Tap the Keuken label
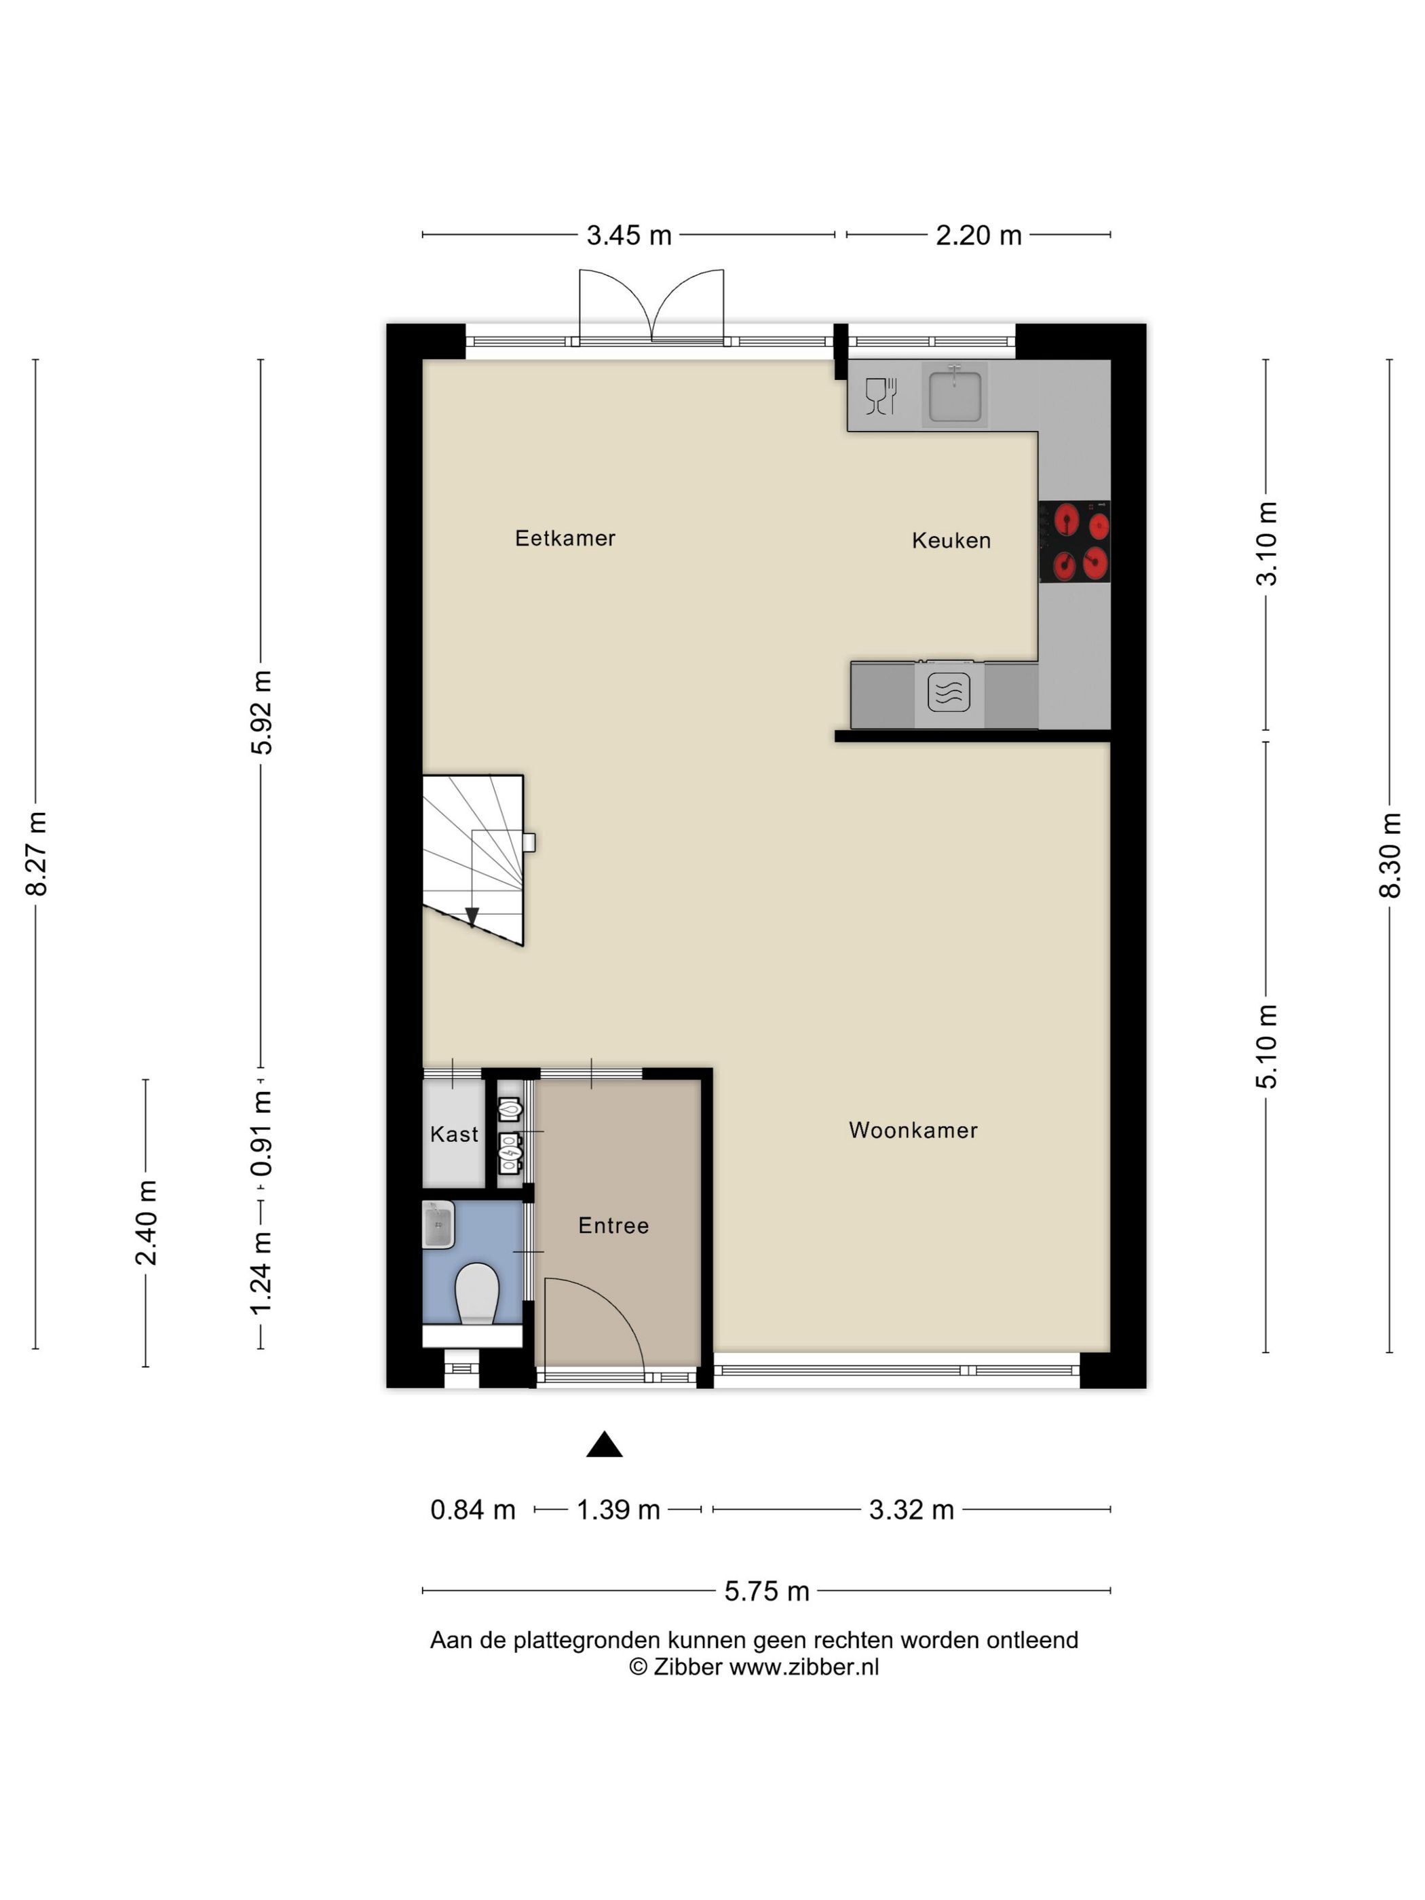[x=951, y=540]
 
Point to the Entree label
[x=613, y=1225]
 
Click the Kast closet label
[x=453, y=1134]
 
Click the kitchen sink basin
[x=954, y=394]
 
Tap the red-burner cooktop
[x=1073, y=541]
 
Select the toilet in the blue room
[x=477, y=1293]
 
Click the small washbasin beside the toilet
[x=438, y=1224]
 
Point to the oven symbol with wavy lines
[x=948, y=692]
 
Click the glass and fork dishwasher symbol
[x=880, y=396]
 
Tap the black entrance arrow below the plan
[x=604, y=1444]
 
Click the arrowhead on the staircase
[x=471, y=917]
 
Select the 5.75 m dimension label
[x=766, y=1592]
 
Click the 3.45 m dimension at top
[x=629, y=235]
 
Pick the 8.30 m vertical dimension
[x=1390, y=856]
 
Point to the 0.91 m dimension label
[x=261, y=1135]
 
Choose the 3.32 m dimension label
[x=911, y=1509]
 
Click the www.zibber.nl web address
[x=804, y=1667]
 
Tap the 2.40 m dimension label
[x=145, y=1223]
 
